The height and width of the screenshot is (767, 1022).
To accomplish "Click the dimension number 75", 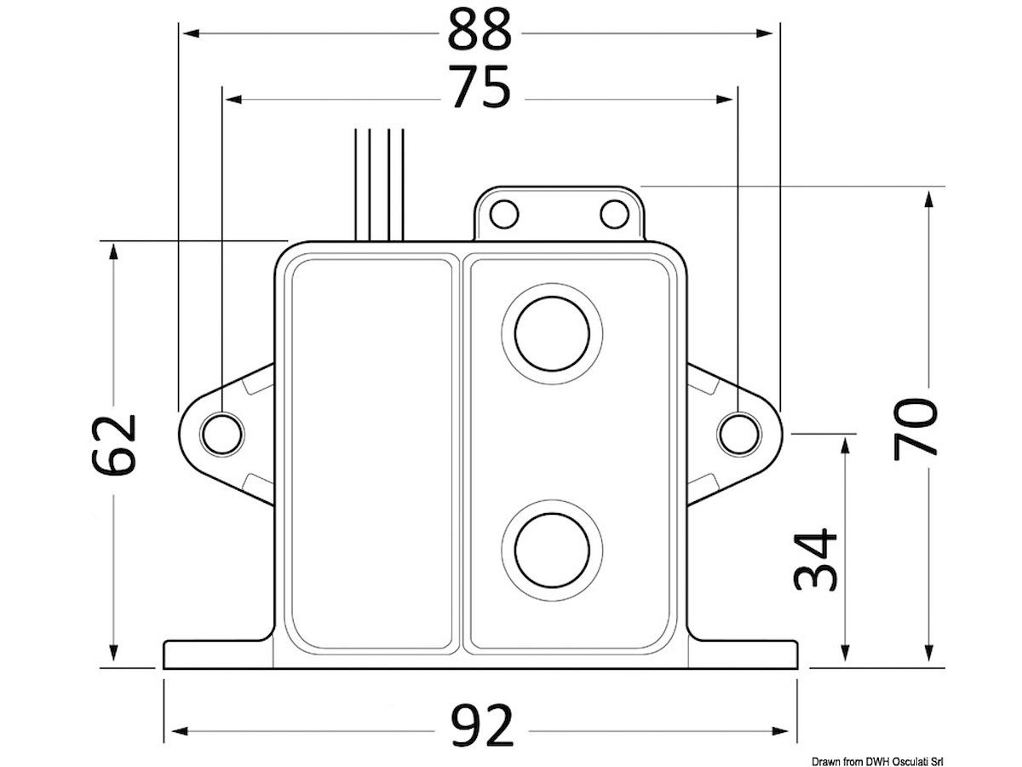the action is click(479, 87).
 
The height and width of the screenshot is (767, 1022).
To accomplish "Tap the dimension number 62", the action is click(114, 445).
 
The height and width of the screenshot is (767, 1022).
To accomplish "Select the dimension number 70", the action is click(916, 429).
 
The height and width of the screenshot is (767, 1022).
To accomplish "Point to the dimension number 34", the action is click(815, 559).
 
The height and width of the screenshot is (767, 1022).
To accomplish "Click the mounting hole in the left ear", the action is click(222, 434).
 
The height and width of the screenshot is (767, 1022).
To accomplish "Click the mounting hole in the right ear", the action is click(739, 434).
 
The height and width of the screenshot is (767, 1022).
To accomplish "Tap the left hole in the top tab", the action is click(504, 214).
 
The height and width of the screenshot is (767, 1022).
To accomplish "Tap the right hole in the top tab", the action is click(615, 214).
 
